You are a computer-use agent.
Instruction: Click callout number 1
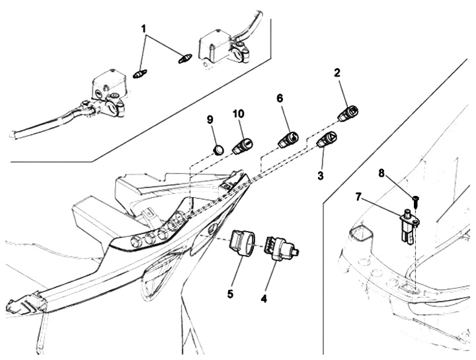143,30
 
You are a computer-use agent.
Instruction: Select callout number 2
337,73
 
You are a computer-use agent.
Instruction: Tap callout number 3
321,175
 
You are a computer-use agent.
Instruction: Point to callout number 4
264,298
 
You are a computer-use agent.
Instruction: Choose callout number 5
230,294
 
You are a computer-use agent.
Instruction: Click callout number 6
280,98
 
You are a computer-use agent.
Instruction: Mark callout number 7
358,198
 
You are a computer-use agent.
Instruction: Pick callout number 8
381,173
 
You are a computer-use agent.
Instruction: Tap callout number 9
210,119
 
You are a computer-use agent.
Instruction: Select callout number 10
238,114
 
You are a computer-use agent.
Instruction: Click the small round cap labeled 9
218,150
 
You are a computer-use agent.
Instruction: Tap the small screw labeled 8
415,202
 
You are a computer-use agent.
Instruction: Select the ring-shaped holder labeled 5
242,242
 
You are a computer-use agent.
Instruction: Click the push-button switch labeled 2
348,114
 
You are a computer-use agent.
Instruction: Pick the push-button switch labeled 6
288,140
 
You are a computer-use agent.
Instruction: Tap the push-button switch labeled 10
243,146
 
